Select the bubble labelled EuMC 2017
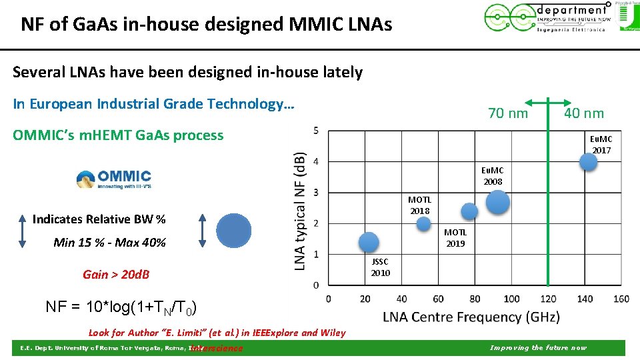[588, 162]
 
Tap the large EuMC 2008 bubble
[498, 202]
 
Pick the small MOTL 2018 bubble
[424, 224]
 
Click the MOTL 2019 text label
[455, 237]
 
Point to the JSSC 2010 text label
[380, 268]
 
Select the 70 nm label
[508, 113]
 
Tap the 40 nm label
[584, 113]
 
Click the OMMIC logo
[114, 179]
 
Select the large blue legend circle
[234, 231]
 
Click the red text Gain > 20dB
[116, 275]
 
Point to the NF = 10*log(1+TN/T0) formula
[120, 307]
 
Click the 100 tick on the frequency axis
[511, 299]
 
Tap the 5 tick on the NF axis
[315, 130]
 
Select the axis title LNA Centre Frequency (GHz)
[471, 317]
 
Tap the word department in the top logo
[573, 9]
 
